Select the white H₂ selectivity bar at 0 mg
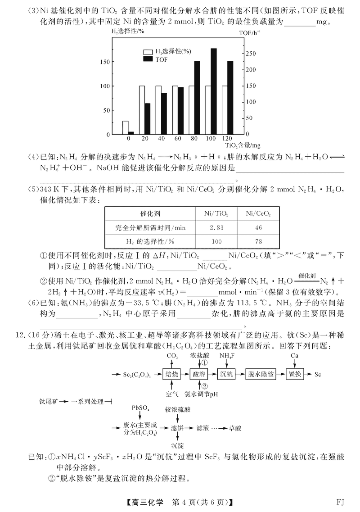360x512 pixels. coord(126,127)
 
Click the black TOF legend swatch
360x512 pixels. coord(148,59)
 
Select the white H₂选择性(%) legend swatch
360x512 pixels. coord(148,52)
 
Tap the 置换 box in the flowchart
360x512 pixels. coord(295,374)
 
